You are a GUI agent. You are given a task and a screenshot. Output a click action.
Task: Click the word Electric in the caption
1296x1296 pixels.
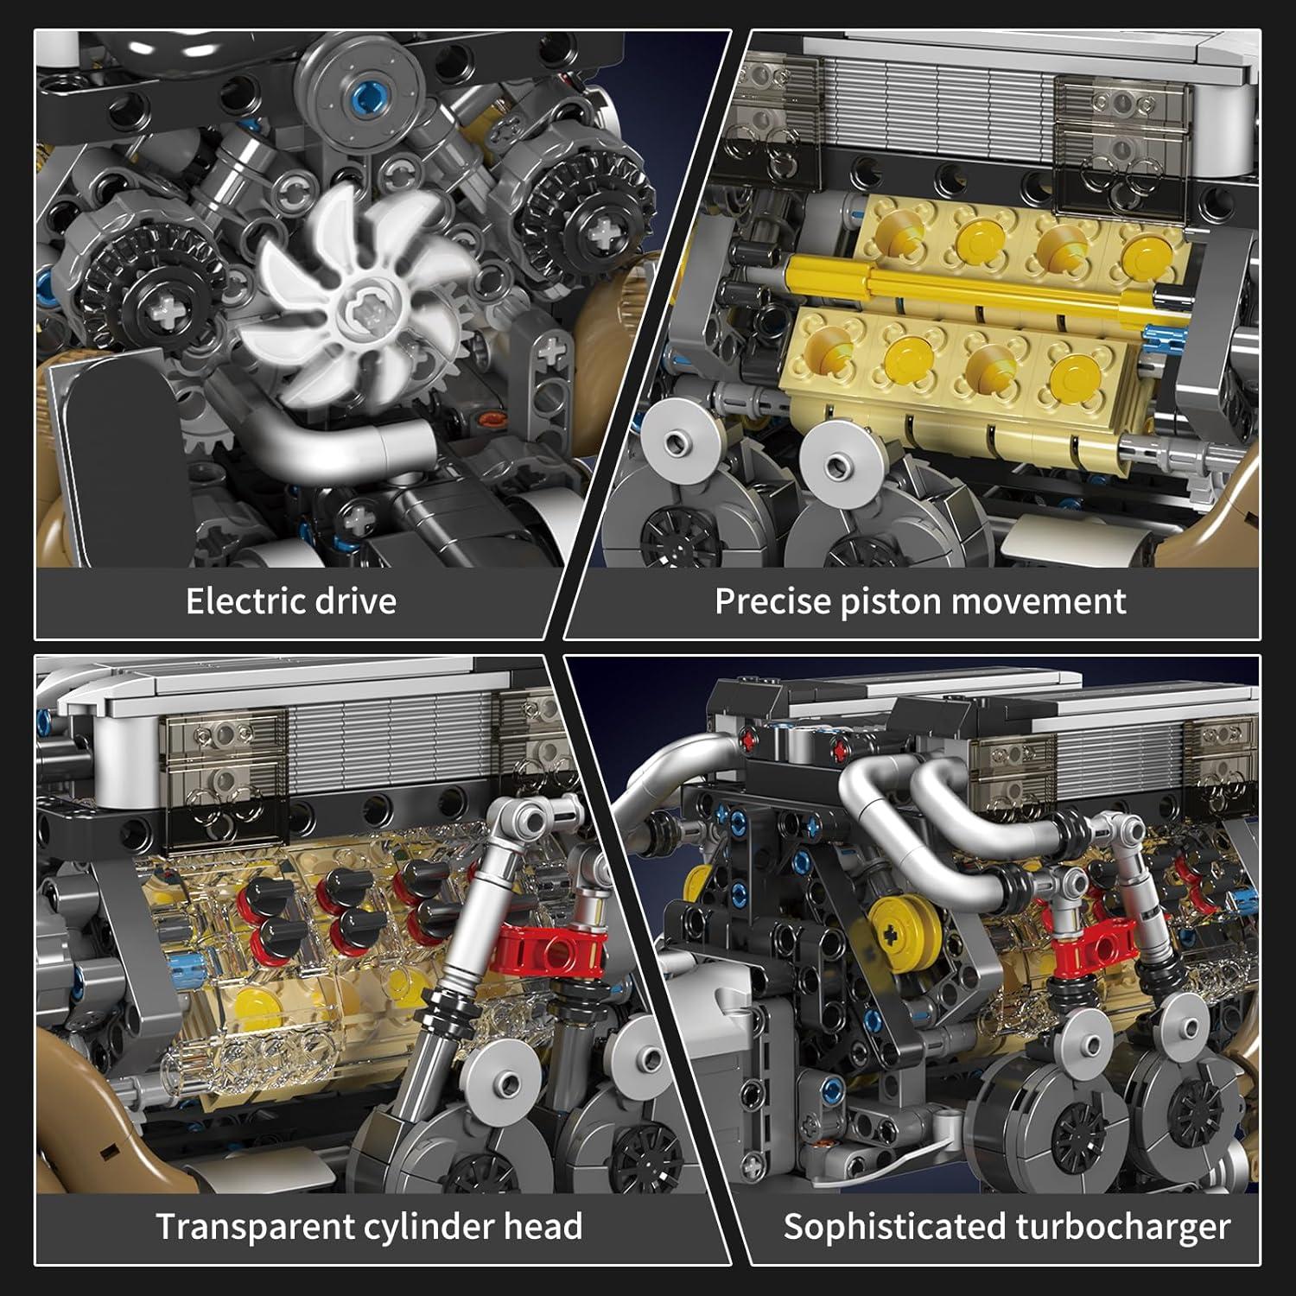click(245, 600)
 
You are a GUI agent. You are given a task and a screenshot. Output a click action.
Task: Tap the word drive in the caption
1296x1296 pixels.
click(353, 600)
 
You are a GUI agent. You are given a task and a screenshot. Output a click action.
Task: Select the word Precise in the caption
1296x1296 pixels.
click(772, 600)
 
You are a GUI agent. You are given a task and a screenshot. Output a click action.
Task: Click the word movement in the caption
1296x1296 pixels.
click(1037, 600)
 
